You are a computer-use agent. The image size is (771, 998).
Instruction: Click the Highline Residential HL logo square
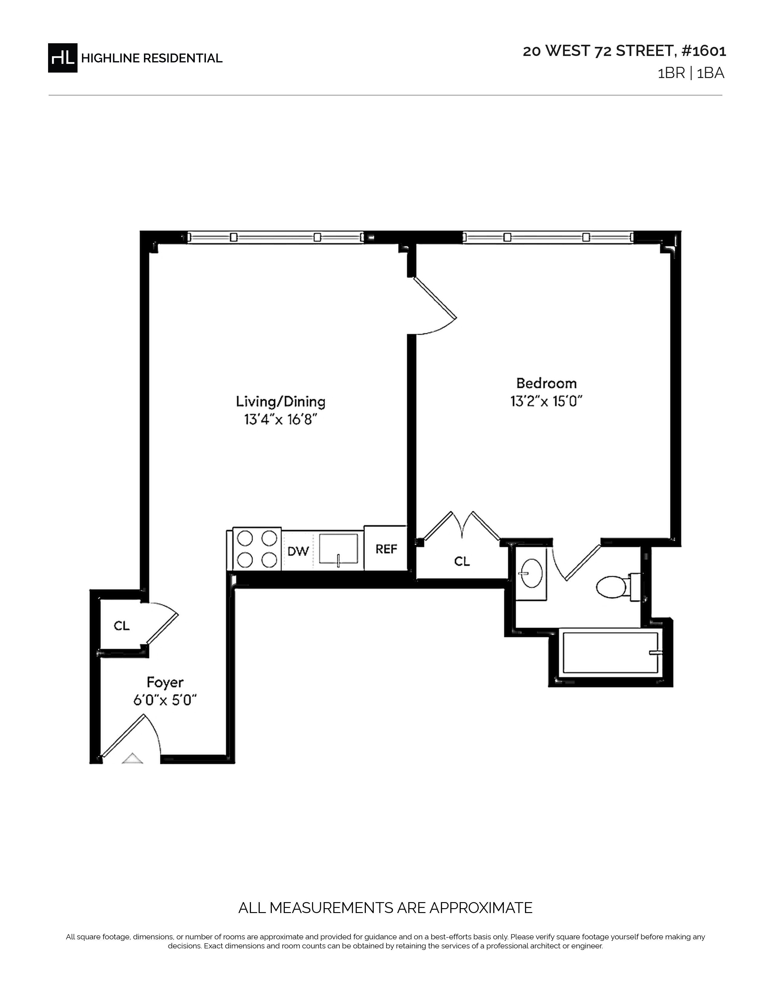pyautogui.click(x=63, y=58)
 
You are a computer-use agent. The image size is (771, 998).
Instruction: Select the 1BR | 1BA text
pyautogui.click(x=691, y=73)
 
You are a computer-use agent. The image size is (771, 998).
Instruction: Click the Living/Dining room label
pyautogui.click(x=281, y=402)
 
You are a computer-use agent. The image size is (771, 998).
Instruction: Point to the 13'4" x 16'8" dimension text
pyautogui.click(x=281, y=419)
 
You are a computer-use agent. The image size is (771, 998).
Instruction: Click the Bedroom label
pyautogui.click(x=546, y=383)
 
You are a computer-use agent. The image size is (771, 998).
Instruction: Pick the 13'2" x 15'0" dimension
pyautogui.click(x=546, y=401)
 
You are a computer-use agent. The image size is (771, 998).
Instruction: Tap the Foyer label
pyautogui.click(x=165, y=682)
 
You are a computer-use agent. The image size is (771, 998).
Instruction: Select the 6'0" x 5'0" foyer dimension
pyautogui.click(x=165, y=700)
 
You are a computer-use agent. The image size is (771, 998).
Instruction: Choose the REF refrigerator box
pyautogui.click(x=385, y=548)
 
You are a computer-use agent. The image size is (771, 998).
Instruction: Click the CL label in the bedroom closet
pyautogui.click(x=462, y=561)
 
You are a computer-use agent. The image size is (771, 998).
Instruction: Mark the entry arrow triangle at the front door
pyautogui.click(x=132, y=758)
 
